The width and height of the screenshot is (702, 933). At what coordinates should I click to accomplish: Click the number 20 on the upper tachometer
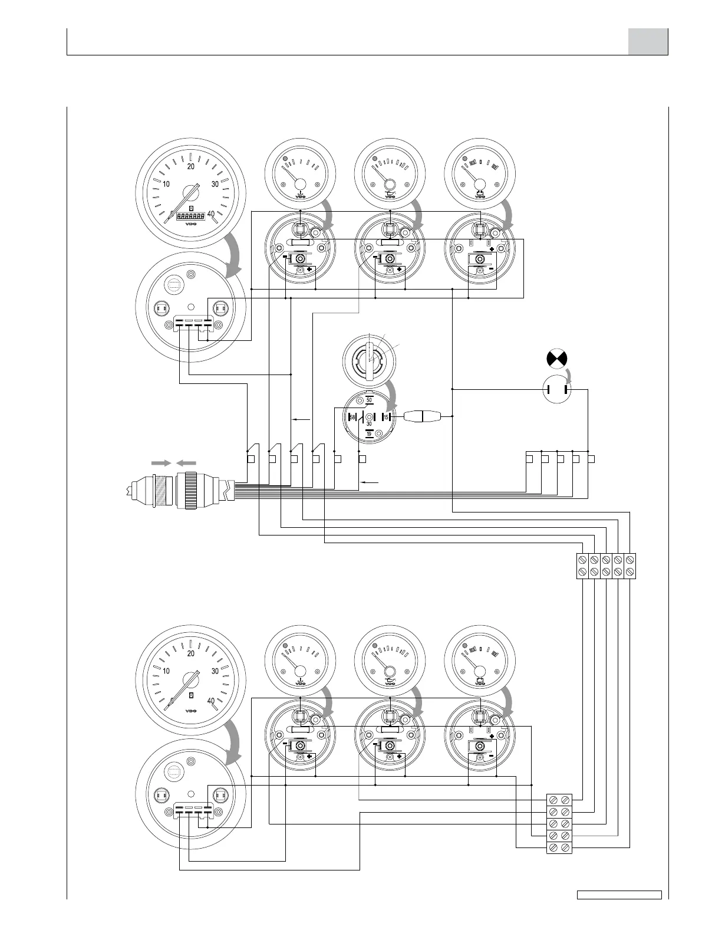click(x=190, y=166)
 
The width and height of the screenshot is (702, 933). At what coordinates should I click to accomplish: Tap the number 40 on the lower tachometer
click(x=211, y=701)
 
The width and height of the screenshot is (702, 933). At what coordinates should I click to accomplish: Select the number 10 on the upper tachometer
click(x=166, y=184)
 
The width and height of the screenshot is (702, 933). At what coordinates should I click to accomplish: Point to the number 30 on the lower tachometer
click(x=215, y=671)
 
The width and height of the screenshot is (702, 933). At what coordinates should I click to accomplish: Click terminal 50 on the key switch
click(x=369, y=400)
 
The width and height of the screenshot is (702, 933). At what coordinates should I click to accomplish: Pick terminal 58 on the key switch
click(x=352, y=417)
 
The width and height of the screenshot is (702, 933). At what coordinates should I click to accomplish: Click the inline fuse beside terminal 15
click(x=422, y=417)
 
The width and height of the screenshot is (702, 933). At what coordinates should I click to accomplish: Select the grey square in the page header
click(x=647, y=42)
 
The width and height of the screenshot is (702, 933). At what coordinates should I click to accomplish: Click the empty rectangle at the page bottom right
click(x=619, y=911)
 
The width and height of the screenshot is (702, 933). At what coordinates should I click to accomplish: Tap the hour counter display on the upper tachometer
click(x=190, y=216)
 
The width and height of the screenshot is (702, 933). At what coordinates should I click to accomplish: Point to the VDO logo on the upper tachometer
click(x=190, y=224)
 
